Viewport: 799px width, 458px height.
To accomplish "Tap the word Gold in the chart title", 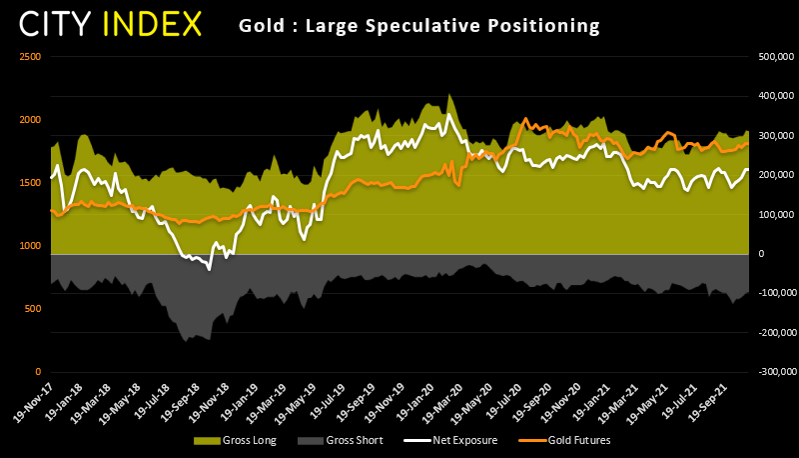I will [260, 24].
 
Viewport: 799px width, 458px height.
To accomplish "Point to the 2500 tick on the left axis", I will [30, 57].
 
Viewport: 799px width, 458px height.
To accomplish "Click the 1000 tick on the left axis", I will [30, 246].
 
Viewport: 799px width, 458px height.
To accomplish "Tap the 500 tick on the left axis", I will [33, 309].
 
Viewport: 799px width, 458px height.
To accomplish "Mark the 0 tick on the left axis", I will [38, 372].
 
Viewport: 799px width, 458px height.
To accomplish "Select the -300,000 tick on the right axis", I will [770, 372].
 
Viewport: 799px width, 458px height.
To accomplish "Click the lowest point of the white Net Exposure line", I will [210, 269].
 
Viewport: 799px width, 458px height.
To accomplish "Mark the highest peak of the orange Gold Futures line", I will [526, 118].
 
